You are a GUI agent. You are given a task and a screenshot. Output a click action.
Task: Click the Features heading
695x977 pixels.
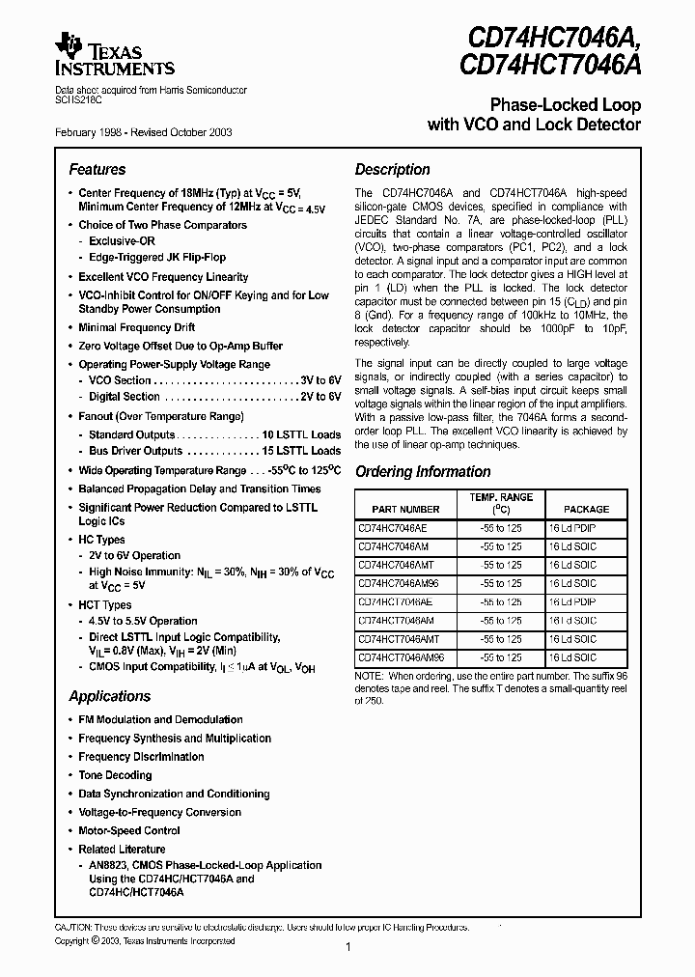pos(97,170)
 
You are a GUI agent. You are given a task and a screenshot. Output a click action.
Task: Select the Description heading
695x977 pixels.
pos(392,170)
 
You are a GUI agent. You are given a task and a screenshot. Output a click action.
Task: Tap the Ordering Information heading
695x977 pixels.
pos(423,472)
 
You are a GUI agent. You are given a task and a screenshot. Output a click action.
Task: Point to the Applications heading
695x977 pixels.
pos(110,696)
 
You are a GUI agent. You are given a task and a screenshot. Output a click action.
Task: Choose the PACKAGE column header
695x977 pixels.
pos(586,509)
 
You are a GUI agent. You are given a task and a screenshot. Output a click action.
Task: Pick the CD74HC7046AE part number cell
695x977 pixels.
pos(394,528)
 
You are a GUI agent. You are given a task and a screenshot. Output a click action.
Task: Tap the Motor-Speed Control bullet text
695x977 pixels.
pos(129,830)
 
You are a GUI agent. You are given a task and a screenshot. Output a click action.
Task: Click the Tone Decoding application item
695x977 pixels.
pos(115,775)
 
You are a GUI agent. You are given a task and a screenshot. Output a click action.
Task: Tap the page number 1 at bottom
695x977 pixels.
pos(347,948)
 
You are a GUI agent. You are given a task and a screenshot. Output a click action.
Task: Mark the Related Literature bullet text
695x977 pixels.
pos(122,849)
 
